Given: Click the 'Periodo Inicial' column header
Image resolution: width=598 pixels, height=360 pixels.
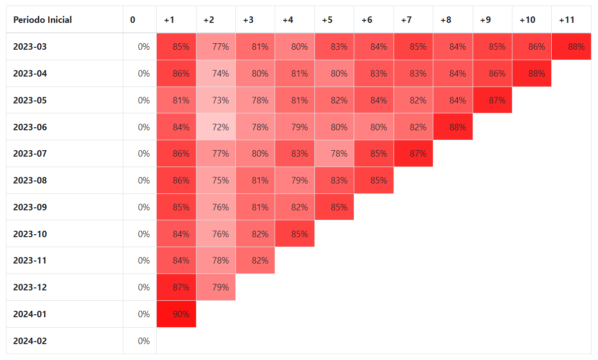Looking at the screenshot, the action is (42, 20).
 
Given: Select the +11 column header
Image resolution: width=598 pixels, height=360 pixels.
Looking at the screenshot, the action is (567, 20).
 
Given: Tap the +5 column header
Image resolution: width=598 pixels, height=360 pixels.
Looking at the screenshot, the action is (327, 20).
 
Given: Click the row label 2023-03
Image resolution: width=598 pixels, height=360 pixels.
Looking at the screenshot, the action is (30, 47).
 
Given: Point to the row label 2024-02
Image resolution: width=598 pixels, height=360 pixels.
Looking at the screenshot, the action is (30, 341).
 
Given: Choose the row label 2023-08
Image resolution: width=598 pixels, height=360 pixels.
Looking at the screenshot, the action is (30, 180).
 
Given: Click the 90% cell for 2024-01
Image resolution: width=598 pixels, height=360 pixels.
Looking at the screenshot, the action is (176, 314).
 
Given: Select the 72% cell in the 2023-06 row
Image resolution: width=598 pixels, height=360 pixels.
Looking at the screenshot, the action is (216, 127).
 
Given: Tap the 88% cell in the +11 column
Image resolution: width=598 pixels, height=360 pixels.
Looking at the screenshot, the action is (571, 46).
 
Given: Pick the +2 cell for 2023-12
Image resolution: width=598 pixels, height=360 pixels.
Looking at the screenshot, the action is (216, 287).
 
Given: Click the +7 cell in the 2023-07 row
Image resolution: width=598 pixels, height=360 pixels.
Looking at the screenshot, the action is (413, 154).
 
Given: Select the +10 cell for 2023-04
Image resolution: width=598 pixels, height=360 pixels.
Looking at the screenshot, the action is (532, 74).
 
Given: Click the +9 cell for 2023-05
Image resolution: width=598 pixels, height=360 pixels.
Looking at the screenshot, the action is (493, 100).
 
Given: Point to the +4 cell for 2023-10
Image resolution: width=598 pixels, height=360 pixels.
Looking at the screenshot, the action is (295, 234).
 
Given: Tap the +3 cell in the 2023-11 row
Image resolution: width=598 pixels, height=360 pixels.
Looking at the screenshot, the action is (255, 261).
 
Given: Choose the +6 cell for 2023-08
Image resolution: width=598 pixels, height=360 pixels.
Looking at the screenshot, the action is (374, 180).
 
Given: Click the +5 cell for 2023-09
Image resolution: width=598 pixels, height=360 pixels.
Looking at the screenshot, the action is (334, 207).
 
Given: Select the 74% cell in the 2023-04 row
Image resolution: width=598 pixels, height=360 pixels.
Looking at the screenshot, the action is (216, 74).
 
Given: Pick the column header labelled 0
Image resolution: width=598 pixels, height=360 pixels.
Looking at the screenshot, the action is (132, 20).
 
